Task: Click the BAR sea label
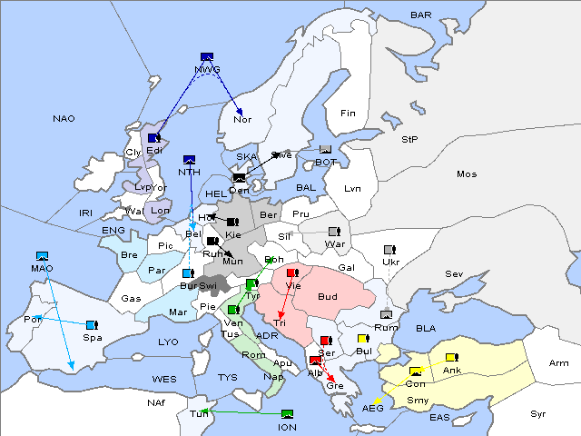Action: (x=420, y=15)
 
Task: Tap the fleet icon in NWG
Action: (x=207, y=56)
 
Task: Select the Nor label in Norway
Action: (x=242, y=119)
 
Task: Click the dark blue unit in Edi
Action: (x=153, y=138)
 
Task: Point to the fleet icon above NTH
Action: (x=189, y=159)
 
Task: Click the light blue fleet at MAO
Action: (x=41, y=256)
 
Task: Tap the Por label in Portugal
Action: (x=34, y=320)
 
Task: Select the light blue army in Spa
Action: (x=91, y=324)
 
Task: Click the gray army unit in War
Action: (x=333, y=232)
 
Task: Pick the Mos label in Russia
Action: (x=467, y=173)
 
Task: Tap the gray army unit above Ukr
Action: (x=389, y=250)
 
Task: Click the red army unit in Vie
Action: (x=291, y=272)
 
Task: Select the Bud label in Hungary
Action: (x=328, y=297)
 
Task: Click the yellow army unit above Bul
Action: (x=363, y=339)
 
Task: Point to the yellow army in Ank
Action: (x=451, y=357)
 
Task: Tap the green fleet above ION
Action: (x=287, y=414)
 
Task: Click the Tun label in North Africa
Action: (x=198, y=414)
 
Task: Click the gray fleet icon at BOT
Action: (x=325, y=150)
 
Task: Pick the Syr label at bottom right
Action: (x=539, y=414)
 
